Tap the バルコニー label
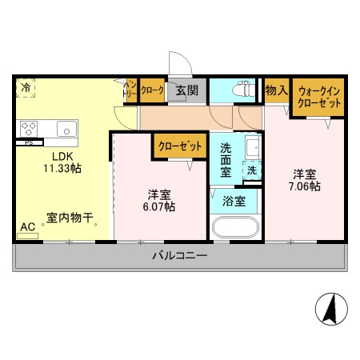(180, 256)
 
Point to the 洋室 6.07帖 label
(160, 200)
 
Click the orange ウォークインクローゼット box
(318, 98)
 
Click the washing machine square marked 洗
(251, 170)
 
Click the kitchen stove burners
(30, 127)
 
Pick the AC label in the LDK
(26, 227)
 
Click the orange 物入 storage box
(276, 91)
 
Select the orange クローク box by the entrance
(152, 90)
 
